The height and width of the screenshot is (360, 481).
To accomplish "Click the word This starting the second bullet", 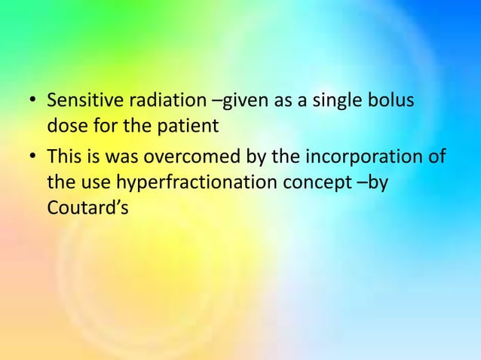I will point(63,157).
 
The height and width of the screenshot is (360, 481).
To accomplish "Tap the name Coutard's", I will point(86,206).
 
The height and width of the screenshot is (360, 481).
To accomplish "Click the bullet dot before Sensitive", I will point(32,101).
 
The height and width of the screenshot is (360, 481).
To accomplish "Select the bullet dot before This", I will point(32,158).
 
